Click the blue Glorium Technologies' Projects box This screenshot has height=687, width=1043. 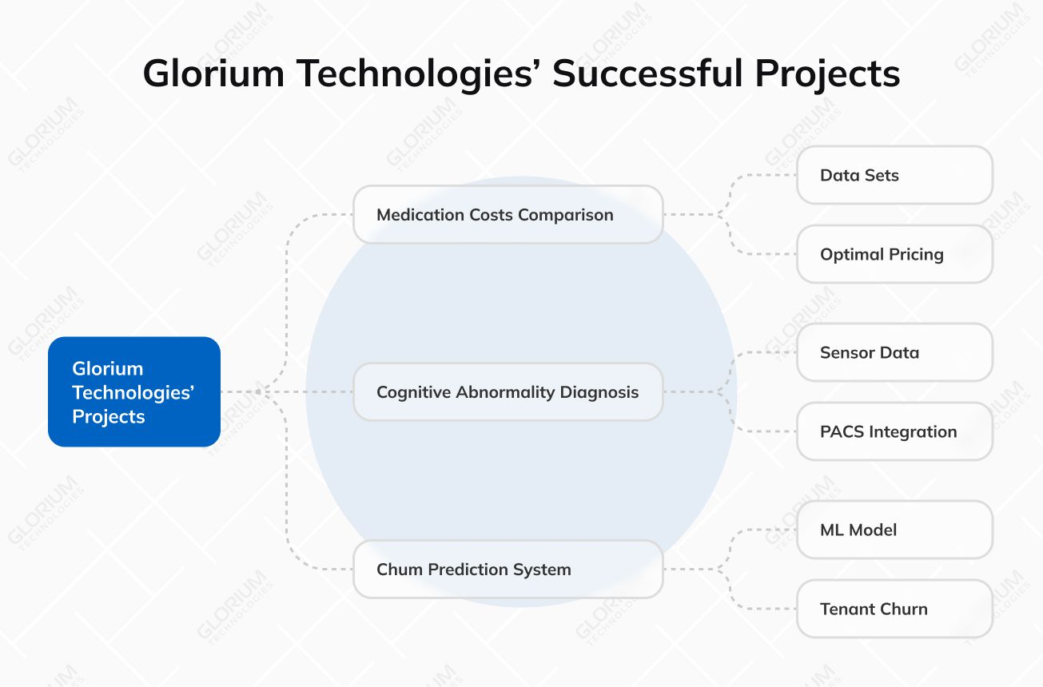[x=133, y=391]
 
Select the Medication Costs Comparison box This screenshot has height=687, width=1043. [x=508, y=214]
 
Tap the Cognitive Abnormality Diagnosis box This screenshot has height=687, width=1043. [x=508, y=391]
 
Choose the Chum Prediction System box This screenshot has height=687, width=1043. [x=508, y=569]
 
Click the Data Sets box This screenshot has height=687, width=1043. [x=894, y=175]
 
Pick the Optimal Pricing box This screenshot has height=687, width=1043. [x=894, y=254]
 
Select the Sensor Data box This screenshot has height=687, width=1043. [x=894, y=352]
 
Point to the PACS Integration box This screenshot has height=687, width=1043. [x=894, y=431]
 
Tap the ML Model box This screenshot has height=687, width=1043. [x=894, y=530]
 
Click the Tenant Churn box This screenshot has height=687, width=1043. [x=894, y=609]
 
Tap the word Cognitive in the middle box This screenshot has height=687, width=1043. [x=413, y=392]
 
